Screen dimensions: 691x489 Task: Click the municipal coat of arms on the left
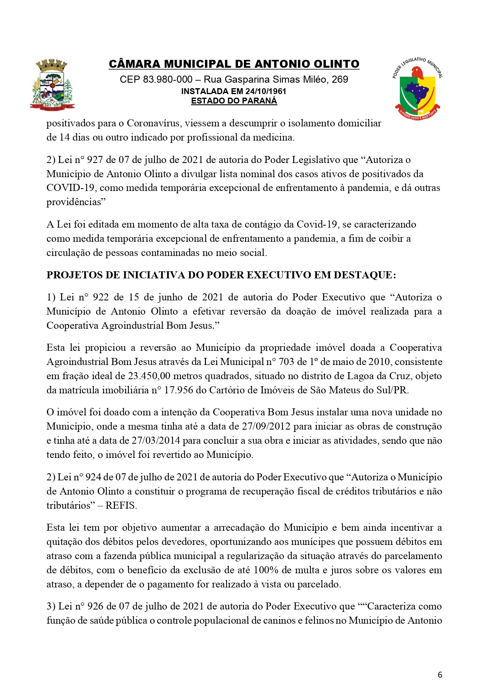pos(52,85)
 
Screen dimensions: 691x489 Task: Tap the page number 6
pos(440,674)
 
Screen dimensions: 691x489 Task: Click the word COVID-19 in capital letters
pos(70,188)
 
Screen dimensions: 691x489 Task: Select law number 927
pos(95,160)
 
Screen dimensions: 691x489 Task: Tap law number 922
pos(101,297)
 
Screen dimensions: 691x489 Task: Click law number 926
pos(95,606)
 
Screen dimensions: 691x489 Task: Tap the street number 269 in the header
pos(340,80)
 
